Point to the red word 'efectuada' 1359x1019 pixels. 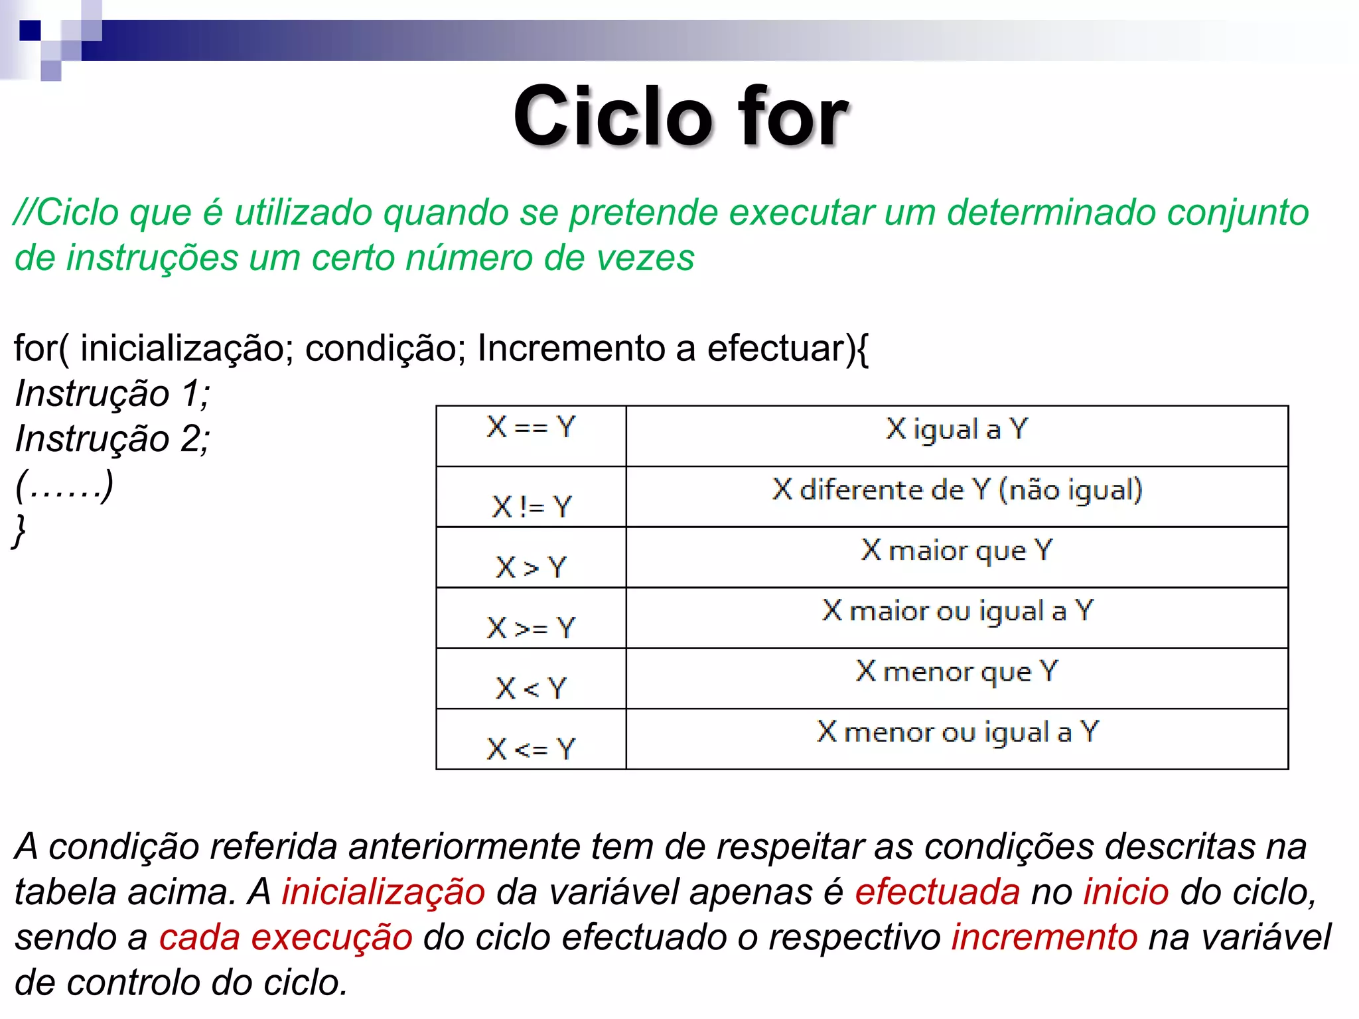(937, 892)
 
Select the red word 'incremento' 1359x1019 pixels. (1044, 937)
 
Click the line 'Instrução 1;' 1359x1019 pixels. (113, 394)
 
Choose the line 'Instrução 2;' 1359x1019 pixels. (113, 439)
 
